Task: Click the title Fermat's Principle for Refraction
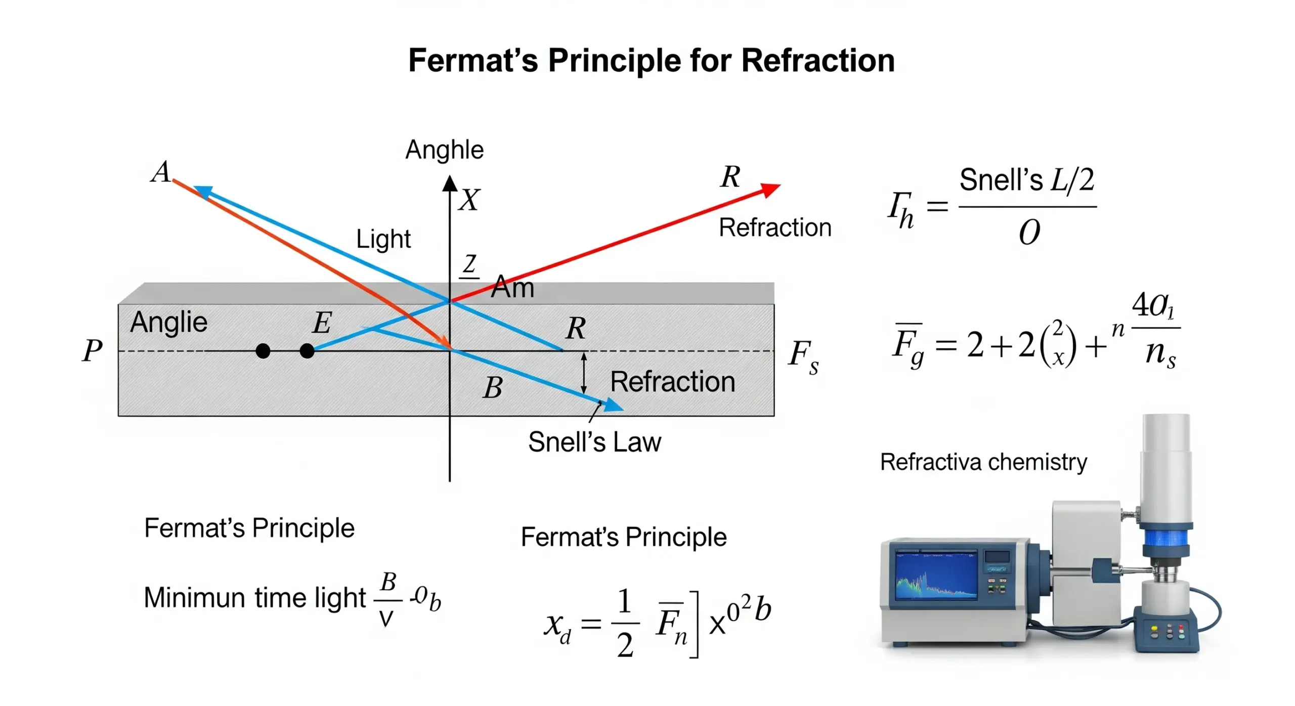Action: point(651,61)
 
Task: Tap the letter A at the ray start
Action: point(161,172)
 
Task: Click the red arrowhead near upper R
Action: point(770,190)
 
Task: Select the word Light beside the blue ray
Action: point(383,239)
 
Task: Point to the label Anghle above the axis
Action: point(444,150)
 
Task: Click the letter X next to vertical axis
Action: point(469,200)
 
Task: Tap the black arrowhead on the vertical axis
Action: point(450,183)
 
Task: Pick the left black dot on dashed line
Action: point(263,350)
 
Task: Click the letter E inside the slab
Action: point(322,323)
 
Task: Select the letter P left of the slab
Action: point(92,350)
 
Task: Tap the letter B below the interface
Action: point(492,388)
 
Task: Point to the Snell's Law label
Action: point(594,442)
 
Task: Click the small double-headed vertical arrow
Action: point(584,373)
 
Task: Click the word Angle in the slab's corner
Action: point(168,322)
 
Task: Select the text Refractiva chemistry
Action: point(983,462)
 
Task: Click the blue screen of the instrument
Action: point(936,576)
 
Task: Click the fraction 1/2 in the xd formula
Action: point(625,623)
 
